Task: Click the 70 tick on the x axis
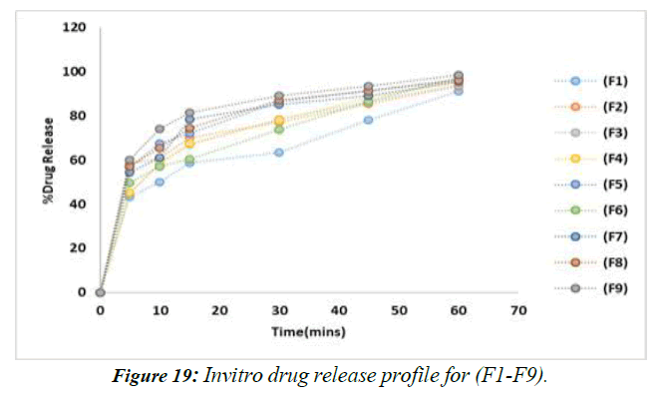(517, 312)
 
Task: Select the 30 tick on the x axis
(279, 312)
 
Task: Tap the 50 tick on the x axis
(399, 312)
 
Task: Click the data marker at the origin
(100, 292)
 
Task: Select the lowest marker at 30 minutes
(279, 153)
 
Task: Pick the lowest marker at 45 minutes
(369, 120)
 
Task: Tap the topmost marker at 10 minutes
(160, 129)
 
